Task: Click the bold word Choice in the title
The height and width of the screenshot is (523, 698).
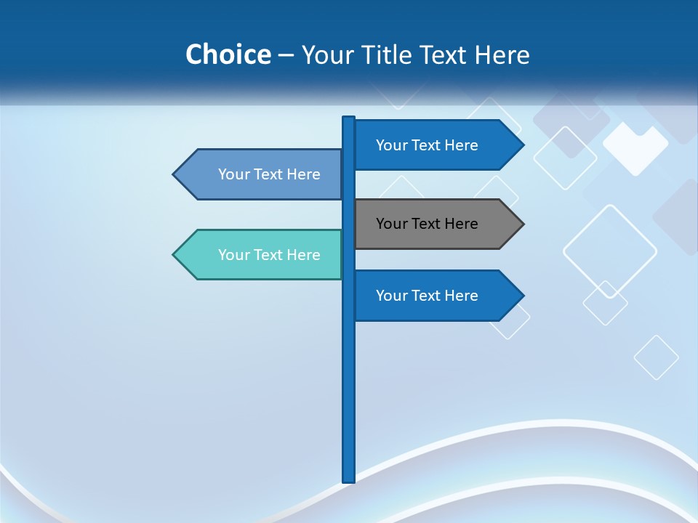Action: pos(228,54)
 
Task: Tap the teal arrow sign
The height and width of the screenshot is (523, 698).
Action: pos(262,255)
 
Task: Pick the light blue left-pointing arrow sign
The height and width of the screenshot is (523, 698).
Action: pos(262,174)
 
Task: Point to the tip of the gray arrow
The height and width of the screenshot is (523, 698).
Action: pos(522,224)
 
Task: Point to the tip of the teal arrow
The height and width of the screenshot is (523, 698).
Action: pos(174,255)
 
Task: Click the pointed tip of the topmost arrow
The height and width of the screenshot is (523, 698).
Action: pos(522,145)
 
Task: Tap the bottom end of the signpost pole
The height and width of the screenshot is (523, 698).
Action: pos(349,479)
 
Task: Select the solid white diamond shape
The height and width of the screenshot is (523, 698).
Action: pos(635,149)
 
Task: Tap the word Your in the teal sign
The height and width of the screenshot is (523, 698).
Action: pos(233,255)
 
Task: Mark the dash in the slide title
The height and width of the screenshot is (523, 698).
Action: pos(286,55)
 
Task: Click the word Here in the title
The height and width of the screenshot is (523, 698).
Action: pos(502,54)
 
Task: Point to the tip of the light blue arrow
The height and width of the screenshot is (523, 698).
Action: pos(174,174)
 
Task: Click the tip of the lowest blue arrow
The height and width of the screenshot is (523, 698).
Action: pos(522,296)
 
